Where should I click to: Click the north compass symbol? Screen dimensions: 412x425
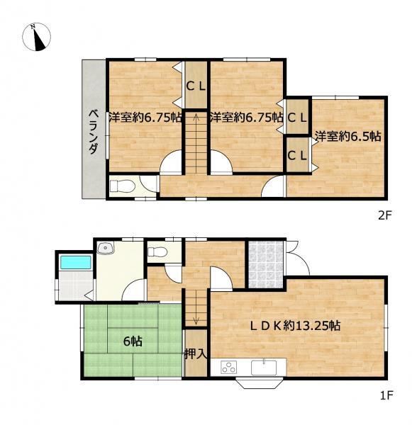36,37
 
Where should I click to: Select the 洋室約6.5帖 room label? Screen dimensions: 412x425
348,136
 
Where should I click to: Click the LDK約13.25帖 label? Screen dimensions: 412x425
295,325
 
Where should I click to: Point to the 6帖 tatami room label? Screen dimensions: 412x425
133,341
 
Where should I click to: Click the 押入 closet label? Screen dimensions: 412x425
196,353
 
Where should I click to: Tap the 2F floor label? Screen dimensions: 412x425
385,215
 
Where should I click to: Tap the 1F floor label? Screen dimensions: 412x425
386,396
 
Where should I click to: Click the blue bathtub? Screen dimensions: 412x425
75,262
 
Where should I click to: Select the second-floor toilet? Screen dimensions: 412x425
123,186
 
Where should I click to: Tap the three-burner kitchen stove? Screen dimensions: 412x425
228,367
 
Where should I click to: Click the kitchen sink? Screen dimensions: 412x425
264,367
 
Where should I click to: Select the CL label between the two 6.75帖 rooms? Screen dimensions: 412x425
196,86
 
